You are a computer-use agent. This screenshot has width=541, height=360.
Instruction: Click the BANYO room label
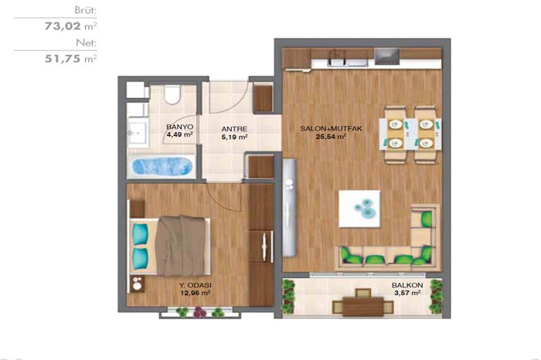(179, 127)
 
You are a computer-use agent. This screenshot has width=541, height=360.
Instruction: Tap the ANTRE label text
(234, 129)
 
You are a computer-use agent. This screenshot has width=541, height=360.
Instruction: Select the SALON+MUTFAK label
(331, 128)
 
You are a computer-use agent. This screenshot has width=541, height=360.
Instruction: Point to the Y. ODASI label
(196, 285)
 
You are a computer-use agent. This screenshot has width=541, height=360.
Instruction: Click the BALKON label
(407, 285)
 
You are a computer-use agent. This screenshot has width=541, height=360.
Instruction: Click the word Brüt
(86, 10)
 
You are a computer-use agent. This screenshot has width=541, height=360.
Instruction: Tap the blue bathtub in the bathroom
(162, 166)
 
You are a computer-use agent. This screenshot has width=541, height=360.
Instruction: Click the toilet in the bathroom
(172, 94)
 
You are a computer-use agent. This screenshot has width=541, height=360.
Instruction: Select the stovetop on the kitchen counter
(386, 56)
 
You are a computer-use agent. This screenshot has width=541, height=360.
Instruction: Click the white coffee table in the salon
(359, 209)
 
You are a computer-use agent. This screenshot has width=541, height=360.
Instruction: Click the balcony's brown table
(363, 306)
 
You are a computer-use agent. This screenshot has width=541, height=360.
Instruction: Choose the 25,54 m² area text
(331, 137)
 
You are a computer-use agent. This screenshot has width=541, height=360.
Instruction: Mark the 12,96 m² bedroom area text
(196, 293)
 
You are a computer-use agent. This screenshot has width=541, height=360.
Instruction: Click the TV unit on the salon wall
(290, 208)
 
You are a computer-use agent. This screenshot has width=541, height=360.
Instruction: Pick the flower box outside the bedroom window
(200, 313)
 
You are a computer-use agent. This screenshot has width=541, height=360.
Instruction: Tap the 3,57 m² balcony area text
(407, 293)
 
